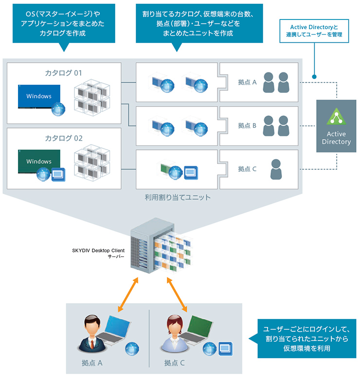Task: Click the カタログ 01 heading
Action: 64,73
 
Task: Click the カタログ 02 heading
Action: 64,138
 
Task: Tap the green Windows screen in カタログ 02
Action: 39,161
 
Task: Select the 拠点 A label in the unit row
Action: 247,82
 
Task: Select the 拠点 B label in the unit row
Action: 247,126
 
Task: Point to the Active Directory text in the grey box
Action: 336,138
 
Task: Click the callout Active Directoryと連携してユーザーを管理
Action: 314,31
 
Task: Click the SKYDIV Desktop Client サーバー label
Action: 97,254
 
